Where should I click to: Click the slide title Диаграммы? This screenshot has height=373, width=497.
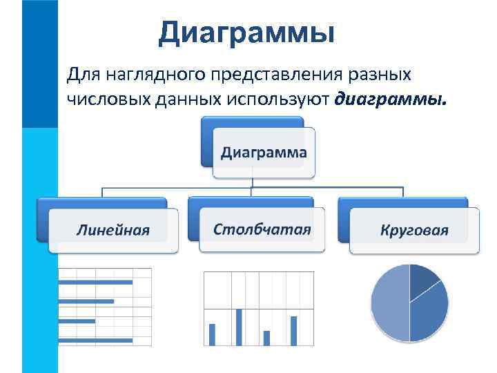coord(246,32)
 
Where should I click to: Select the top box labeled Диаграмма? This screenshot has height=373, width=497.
coord(262,152)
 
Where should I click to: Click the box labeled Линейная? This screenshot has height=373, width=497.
coord(113,230)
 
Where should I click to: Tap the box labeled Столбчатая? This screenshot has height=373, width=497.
coord(262,229)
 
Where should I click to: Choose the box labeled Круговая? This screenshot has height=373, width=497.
coord(413,230)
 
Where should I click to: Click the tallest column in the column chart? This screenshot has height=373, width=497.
coord(239,327)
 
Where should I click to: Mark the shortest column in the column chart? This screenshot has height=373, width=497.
coord(266,338)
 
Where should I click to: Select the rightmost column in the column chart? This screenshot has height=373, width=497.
coord(293,330)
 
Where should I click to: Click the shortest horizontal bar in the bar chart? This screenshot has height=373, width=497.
coord(77,321)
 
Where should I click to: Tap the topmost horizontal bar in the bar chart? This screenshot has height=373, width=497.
coord(95,282)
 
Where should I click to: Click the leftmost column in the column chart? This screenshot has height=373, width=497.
coord(212,334)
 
